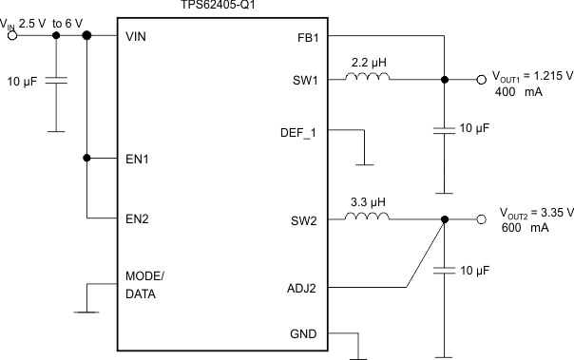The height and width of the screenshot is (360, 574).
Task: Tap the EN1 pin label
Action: pos(139,158)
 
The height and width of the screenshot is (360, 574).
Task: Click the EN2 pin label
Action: pos(139,218)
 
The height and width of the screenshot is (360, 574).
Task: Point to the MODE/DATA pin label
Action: pos(144,285)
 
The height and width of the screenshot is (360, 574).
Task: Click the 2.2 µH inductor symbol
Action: pos(375,80)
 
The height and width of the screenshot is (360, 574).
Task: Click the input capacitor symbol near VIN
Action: pos(56,83)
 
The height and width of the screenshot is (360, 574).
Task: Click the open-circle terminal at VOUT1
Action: pos(481,81)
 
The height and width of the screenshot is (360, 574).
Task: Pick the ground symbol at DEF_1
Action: pos(364,162)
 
